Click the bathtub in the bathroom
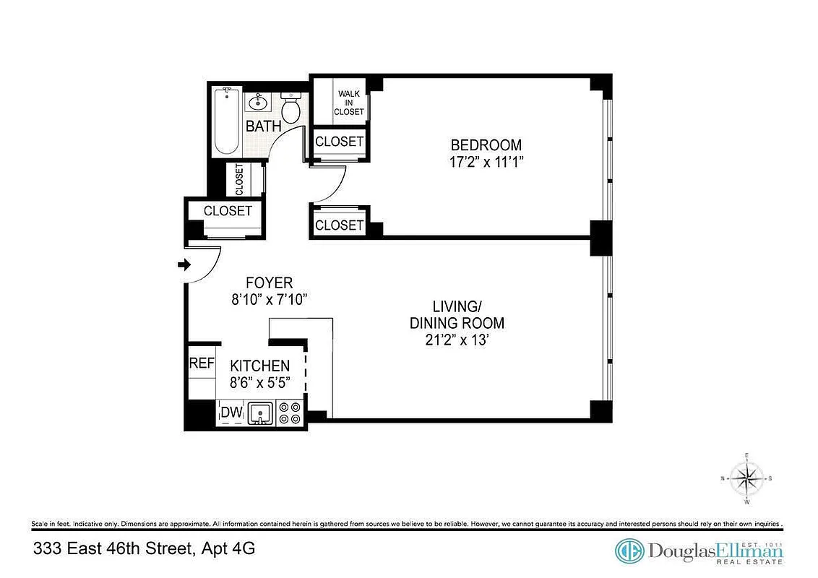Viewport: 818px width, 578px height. pos(226,121)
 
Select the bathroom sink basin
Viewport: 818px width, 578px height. pos(257,103)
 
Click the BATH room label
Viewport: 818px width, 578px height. pos(263,126)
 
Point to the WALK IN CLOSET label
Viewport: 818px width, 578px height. pos(349,103)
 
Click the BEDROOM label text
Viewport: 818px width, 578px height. pos(486,144)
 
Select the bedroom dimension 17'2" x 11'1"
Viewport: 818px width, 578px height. pos(486,162)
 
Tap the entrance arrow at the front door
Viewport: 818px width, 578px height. pos(183,265)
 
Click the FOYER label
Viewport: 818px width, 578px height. pos(269,282)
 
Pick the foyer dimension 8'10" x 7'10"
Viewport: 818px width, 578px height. pos(269,300)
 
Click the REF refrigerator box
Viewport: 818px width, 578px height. pos(202,363)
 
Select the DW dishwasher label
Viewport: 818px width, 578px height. pos(231,413)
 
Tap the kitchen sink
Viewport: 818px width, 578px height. pos(260,413)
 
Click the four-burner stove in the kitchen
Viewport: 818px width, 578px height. pos(290,413)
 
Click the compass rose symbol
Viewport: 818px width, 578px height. pos(746,478)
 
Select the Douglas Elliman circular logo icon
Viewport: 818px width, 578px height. pos(629,551)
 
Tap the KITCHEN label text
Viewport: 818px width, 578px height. pos(259,366)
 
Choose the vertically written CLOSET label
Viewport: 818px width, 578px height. pos(239,180)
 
